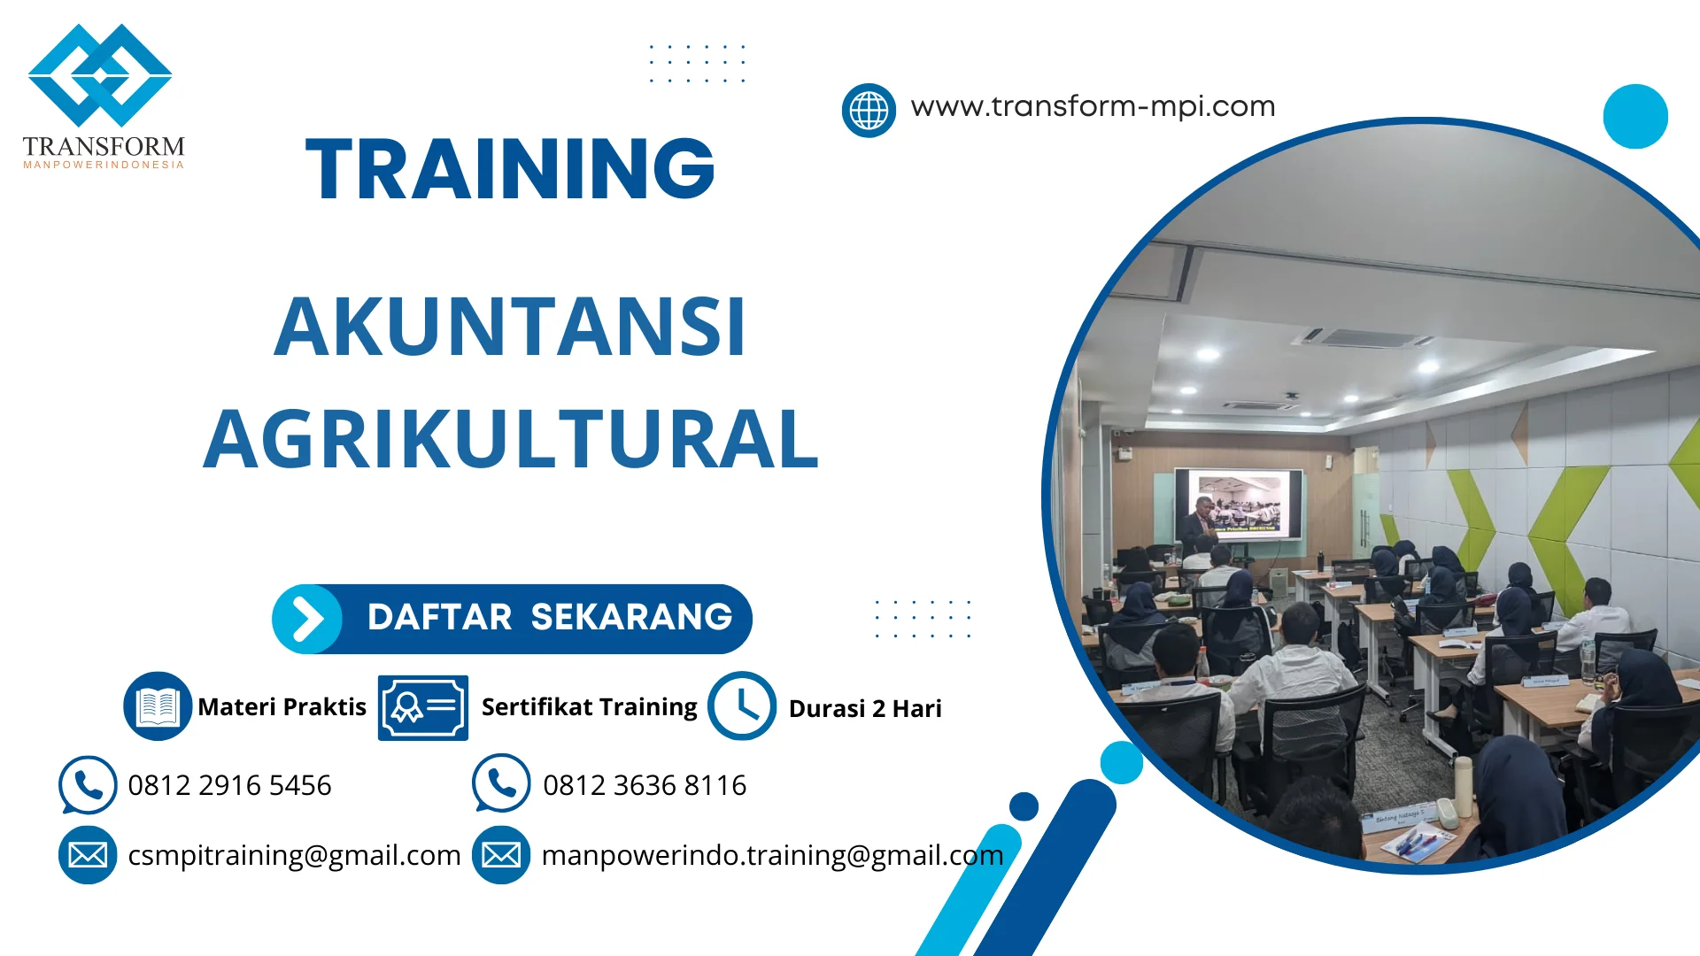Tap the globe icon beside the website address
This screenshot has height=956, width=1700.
(869, 111)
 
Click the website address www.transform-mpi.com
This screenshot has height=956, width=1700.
(1093, 106)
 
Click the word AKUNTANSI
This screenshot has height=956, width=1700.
(510, 327)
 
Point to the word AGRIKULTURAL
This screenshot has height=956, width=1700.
(511, 439)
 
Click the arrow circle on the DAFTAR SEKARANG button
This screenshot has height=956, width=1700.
(307, 619)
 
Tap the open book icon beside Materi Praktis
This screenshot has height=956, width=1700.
(158, 706)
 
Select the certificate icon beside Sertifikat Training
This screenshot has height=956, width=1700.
(423, 707)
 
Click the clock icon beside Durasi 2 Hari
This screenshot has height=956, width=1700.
(742, 706)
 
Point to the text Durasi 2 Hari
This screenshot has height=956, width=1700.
(865, 708)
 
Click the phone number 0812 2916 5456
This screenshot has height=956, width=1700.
(229, 785)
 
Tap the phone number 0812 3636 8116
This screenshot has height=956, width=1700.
(645, 785)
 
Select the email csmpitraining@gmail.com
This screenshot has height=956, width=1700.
(294, 855)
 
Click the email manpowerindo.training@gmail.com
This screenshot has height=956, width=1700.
(772, 855)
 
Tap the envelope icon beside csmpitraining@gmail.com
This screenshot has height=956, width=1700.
(88, 855)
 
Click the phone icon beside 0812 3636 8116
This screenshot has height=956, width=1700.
(501, 783)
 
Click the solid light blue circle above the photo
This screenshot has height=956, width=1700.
(1635, 116)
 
